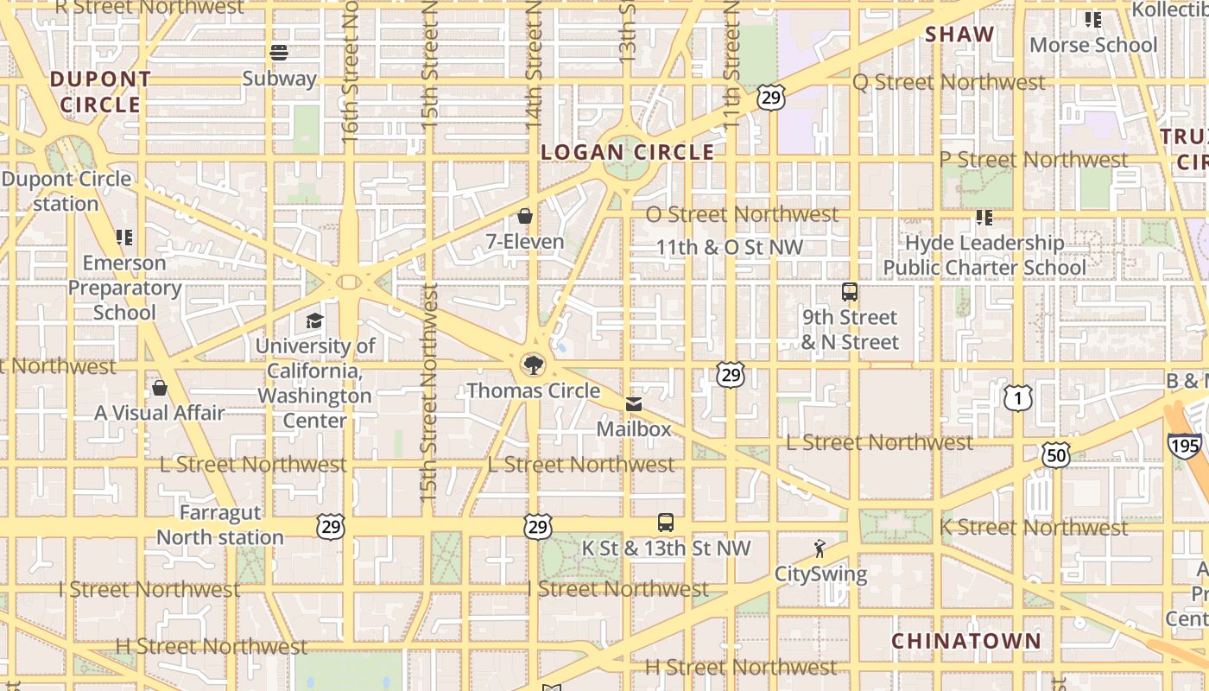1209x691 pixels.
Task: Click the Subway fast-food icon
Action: coord(278,53)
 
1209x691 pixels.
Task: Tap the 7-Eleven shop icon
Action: coord(524,216)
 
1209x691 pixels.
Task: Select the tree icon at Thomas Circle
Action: coord(534,365)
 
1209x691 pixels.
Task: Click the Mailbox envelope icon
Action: coord(634,403)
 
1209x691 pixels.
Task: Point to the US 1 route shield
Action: coord(1018,398)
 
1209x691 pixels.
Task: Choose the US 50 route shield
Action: coord(1055,454)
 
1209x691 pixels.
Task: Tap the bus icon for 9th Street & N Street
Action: coord(850,292)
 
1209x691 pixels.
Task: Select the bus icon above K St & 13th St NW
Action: coord(665,523)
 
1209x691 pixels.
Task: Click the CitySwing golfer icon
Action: coord(820,548)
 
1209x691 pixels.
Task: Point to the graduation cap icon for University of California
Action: coord(314,321)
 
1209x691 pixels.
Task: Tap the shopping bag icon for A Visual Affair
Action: coord(159,388)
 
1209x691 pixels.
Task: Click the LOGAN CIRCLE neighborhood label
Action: coord(628,153)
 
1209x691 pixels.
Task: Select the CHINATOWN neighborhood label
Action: coord(966,641)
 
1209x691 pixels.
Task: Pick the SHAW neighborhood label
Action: coord(959,35)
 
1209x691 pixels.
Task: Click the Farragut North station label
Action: coord(219,525)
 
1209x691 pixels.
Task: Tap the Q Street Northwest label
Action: coord(949,82)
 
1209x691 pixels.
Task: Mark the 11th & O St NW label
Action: coord(730,247)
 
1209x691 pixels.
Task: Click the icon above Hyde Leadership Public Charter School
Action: coord(984,218)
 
